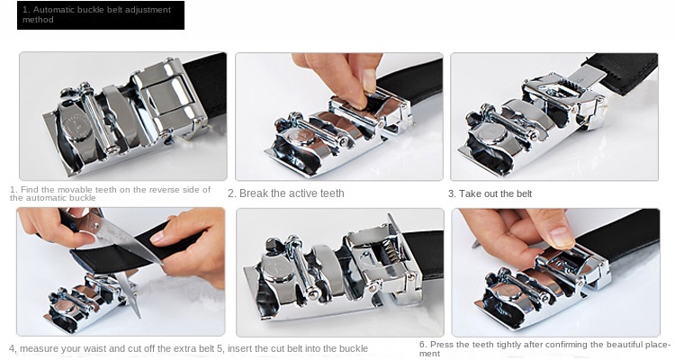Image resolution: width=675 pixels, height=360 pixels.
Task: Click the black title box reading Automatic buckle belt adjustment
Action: coord(100,15)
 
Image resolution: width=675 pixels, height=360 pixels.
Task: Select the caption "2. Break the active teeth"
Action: coord(285,193)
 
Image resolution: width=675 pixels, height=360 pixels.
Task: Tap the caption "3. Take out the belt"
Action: coord(490,193)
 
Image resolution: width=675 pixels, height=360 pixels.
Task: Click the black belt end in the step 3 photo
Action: coord(621,72)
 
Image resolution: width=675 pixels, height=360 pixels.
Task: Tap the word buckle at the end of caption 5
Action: coord(354,348)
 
